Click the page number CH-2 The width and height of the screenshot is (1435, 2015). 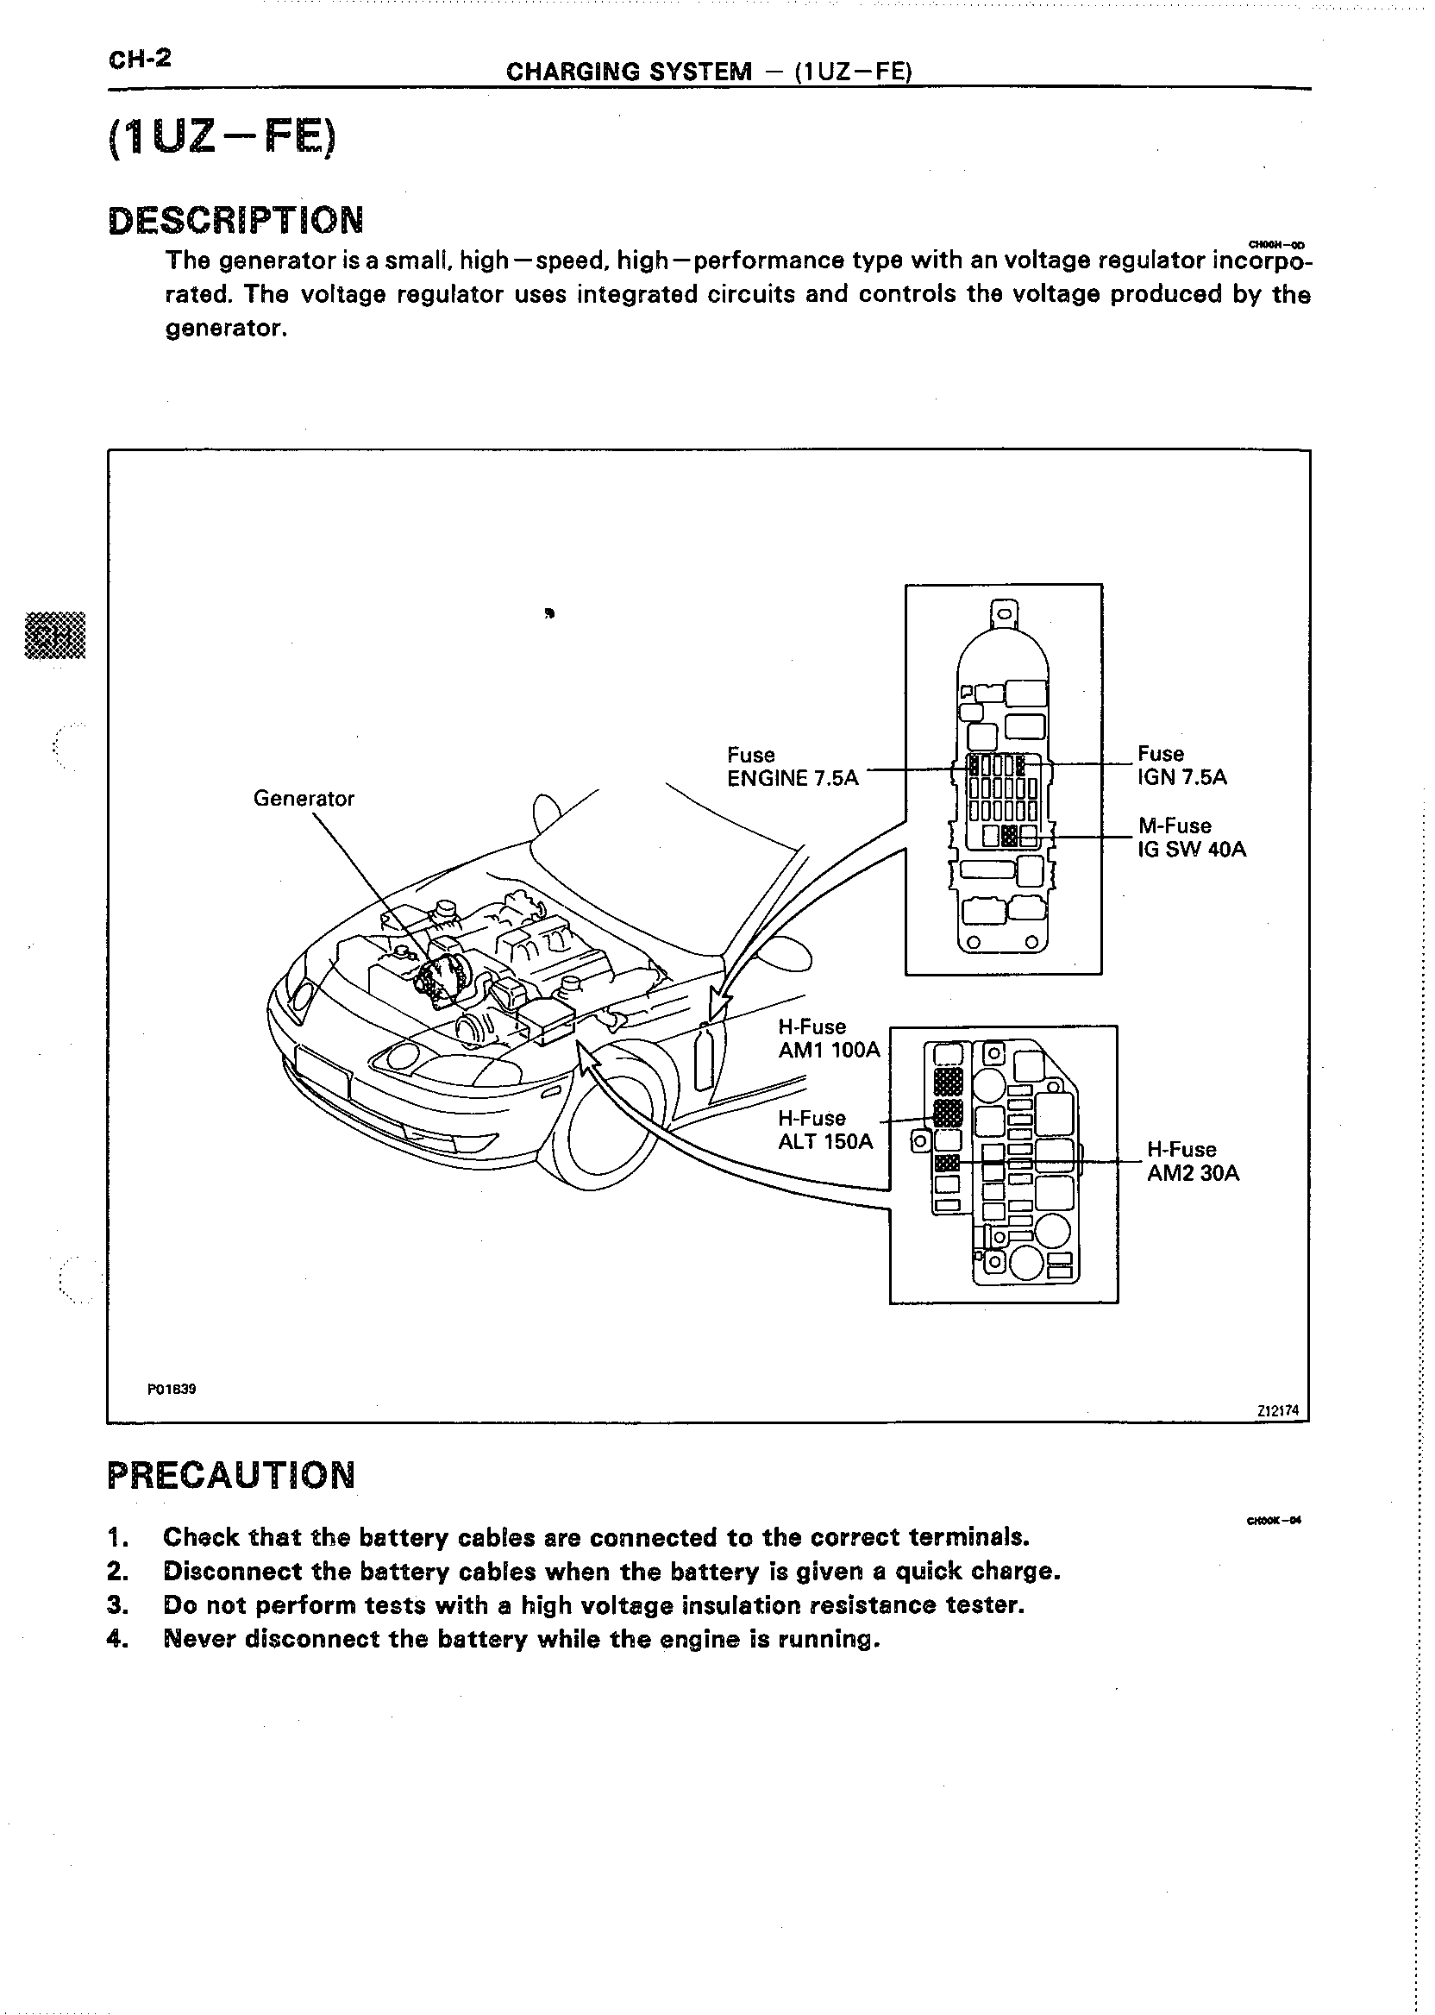point(139,60)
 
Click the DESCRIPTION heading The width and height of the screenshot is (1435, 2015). point(235,220)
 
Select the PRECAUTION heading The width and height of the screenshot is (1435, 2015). point(231,1475)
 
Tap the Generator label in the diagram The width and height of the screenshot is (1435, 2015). point(303,799)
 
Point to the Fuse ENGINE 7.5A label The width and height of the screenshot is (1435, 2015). point(792,766)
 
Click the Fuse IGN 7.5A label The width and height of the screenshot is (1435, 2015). point(1181,765)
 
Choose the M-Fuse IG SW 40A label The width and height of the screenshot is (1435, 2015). point(1191,838)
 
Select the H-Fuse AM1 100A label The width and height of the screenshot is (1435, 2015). point(828,1039)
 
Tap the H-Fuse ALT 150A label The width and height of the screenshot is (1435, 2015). point(824,1129)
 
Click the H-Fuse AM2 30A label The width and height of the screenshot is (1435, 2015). point(1192,1161)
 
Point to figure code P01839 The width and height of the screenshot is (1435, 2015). point(172,1390)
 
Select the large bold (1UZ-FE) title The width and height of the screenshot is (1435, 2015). point(221,140)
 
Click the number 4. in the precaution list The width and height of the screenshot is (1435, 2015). point(117,1640)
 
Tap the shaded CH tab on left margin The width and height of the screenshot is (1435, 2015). point(55,636)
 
